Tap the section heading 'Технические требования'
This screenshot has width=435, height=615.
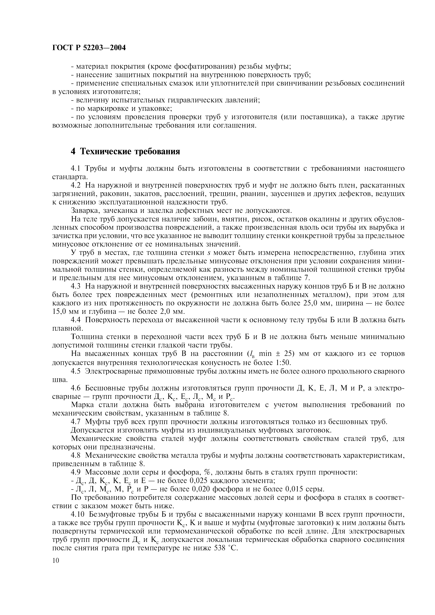[130, 152]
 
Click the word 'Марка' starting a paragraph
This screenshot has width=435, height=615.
[81, 405]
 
